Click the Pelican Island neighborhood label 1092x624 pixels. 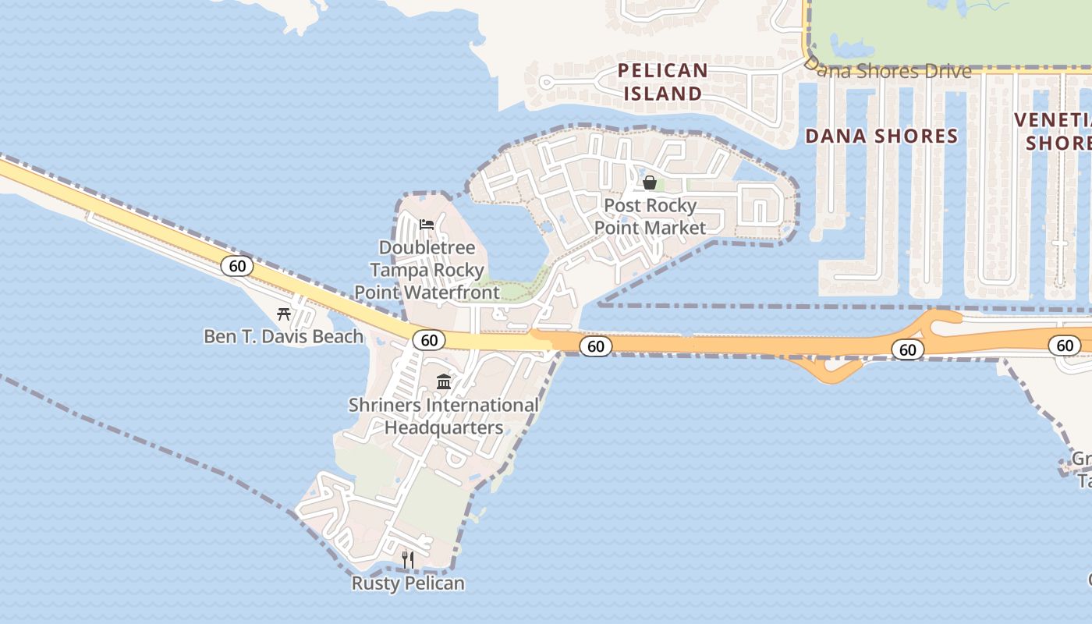(x=663, y=82)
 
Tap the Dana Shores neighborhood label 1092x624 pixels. (x=881, y=136)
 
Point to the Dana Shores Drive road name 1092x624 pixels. (x=889, y=71)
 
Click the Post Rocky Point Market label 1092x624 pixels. (x=650, y=216)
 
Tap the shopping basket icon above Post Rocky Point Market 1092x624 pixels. (x=649, y=183)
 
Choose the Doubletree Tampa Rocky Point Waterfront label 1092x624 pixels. (x=427, y=270)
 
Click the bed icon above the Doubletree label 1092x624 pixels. (x=426, y=225)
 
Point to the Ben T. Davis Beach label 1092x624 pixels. (x=284, y=336)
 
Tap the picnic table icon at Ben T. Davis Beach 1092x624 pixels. (x=284, y=314)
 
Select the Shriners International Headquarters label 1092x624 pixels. (x=443, y=416)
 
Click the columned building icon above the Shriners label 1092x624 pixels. (x=444, y=381)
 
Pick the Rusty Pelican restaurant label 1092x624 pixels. (x=408, y=583)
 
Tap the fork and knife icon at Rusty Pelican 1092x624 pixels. (x=407, y=559)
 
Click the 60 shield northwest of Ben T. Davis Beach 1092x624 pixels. (x=237, y=266)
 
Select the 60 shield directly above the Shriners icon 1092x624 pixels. (x=429, y=340)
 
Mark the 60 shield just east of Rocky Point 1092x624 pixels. (x=595, y=346)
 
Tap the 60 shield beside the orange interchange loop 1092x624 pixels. (x=907, y=349)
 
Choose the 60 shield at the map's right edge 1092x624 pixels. (x=1065, y=346)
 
